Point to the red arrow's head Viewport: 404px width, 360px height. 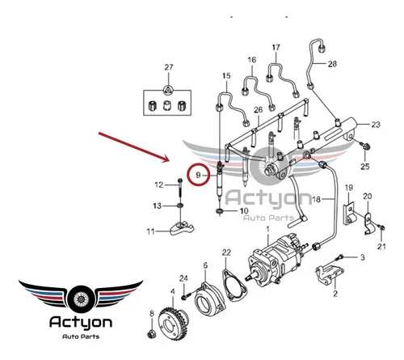click(x=166, y=159)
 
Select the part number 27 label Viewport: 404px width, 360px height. click(x=169, y=67)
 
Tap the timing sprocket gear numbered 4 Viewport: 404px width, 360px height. click(x=173, y=323)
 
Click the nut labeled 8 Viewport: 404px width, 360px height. click(x=151, y=334)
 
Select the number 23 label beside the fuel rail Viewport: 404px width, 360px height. click(x=376, y=125)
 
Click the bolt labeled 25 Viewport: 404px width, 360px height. click(x=367, y=146)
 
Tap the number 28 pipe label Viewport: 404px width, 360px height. click(x=332, y=64)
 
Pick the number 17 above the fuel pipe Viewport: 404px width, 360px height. click(x=276, y=48)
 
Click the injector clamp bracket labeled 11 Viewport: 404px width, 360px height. click(x=182, y=228)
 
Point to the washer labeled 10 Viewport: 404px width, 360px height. click(x=220, y=211)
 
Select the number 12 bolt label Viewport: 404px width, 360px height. click(x=159, y=185)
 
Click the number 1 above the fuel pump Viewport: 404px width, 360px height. click(x=267, y=229)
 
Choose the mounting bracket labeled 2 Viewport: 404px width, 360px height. click(x=330, y=274)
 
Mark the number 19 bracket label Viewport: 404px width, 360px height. click(x=349, y=188)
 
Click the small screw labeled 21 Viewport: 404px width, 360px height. click(x=381, y=227)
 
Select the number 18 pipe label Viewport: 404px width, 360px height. click(x=316, y=200)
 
